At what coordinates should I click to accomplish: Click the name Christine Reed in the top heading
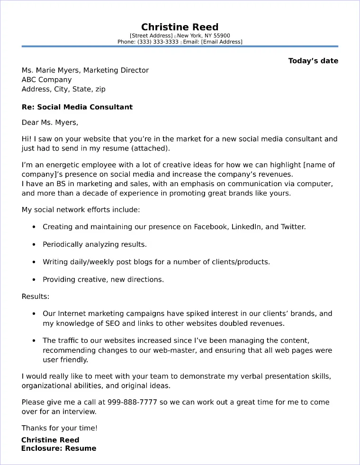pos(180,27)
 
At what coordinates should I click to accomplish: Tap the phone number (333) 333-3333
pos(158,42)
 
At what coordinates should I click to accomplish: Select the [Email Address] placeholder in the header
pos(221,42)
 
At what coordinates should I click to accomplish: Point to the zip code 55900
pos(221,36)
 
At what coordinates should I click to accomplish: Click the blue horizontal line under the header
pos(180,46)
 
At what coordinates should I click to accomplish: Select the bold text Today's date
pos(313,61)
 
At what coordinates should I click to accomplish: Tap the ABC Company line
pos(47,80)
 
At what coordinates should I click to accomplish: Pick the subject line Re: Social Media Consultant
pos(77,107)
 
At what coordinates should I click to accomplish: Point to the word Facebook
pos(210,227)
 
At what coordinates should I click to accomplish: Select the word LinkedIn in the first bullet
pos(246,227)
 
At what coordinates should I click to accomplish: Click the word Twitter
pos(292,227)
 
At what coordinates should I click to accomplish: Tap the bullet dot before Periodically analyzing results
pos(34,245)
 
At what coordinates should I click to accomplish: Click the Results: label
pos(36,296)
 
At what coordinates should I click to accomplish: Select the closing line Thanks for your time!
pos(60,428)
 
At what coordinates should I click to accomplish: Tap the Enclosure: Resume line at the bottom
pos(59,448)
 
